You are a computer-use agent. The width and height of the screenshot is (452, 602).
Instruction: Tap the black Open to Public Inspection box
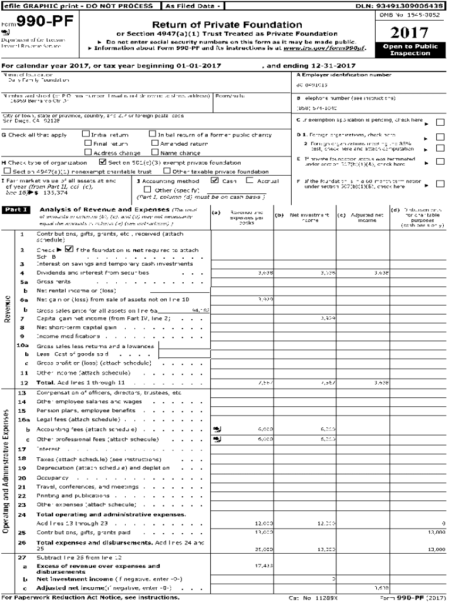(410, 49)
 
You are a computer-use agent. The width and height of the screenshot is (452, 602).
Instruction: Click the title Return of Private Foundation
(227, 25)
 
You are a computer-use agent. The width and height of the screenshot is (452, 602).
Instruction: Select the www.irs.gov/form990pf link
(332, 48)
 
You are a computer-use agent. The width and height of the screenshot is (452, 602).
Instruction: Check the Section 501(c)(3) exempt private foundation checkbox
(103, 162)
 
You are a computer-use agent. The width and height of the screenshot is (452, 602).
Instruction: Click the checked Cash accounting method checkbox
(214, 181)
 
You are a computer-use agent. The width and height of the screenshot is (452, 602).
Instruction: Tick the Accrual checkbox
(249, 181)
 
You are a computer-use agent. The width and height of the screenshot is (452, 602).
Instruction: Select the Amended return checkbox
(155, 143)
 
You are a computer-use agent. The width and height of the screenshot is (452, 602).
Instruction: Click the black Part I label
(16, 209)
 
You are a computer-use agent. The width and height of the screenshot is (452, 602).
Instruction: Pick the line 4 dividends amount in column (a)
(265, 273)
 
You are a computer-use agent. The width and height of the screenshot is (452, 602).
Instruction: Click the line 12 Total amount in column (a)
(264, 383)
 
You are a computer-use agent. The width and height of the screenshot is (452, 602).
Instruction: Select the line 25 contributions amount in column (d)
(436, 531)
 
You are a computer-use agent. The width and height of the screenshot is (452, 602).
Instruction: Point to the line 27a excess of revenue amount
(264, 566)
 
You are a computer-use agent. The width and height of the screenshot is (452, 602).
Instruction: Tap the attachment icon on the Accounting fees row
(217, 429)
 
